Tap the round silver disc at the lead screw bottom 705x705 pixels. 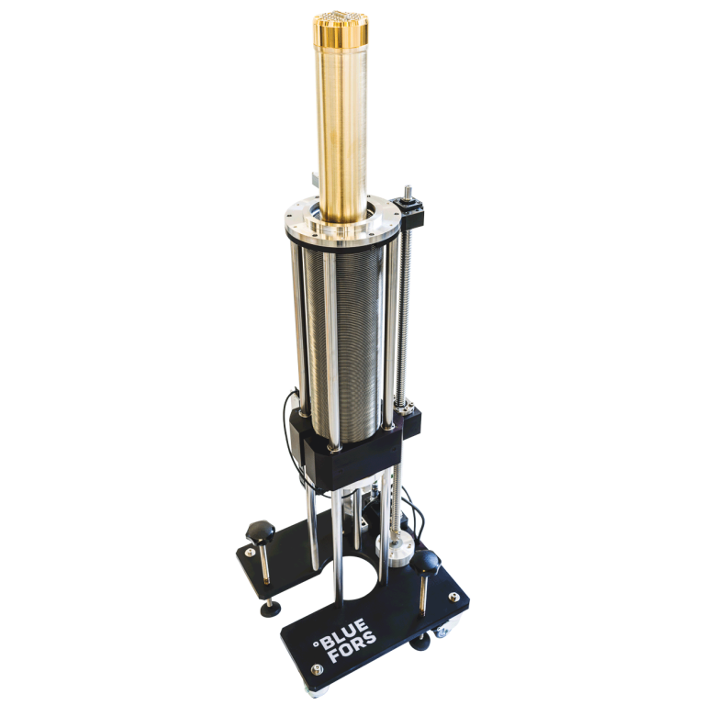click(396, 551)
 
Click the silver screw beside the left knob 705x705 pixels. click(248, 554)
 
